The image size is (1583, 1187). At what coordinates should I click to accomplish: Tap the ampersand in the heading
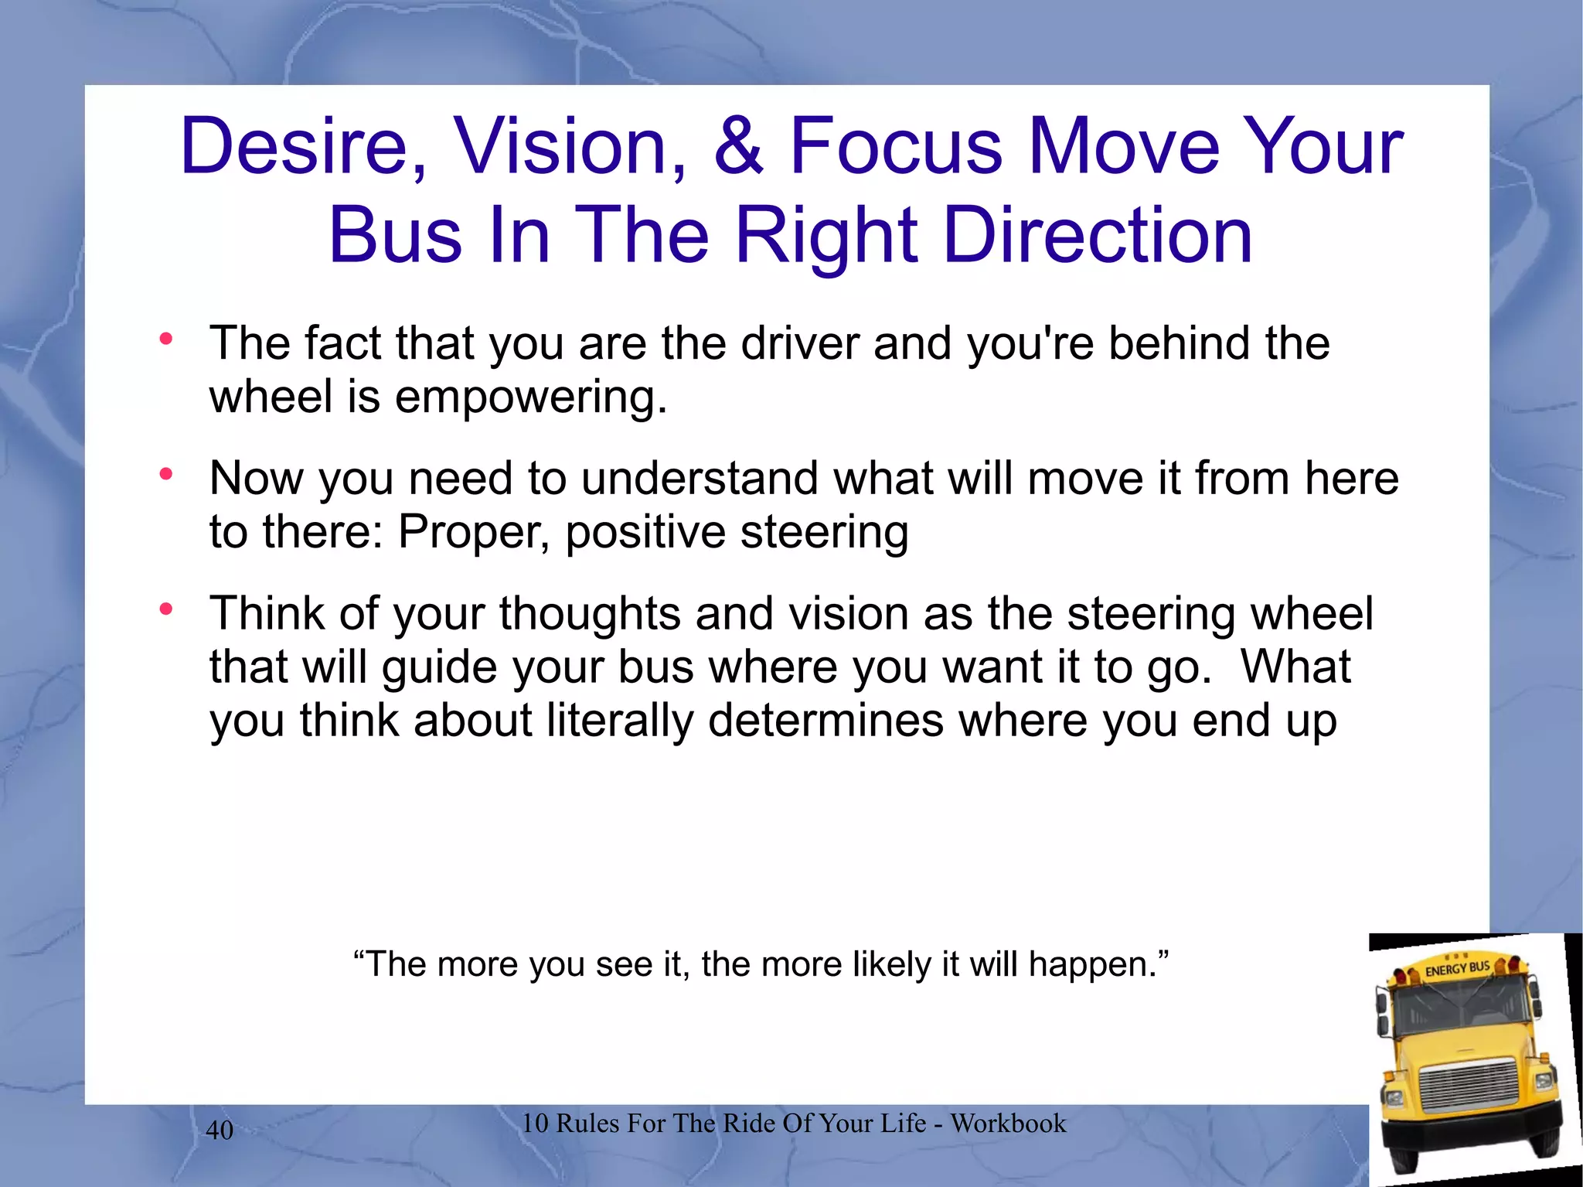point(738,146)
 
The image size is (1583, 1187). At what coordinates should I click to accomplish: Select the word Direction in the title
point(1097,235)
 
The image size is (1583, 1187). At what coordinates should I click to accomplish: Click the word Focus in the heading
point(896,146)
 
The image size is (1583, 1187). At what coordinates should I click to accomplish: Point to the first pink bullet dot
point(165,339)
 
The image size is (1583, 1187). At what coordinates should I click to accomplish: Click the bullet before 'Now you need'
point(165,474)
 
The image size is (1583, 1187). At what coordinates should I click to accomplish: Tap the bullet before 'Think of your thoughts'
point(165,609)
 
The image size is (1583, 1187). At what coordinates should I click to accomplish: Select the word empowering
point(530,397)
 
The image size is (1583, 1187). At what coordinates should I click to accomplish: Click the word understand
point(699,478)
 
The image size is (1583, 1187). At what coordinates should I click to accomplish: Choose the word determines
point(826,721)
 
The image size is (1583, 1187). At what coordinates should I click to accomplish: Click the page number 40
point(220,1130)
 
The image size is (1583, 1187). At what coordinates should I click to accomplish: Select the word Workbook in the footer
point(1008,1123)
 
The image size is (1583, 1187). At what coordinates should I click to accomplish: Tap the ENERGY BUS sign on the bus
point(1456,968)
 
